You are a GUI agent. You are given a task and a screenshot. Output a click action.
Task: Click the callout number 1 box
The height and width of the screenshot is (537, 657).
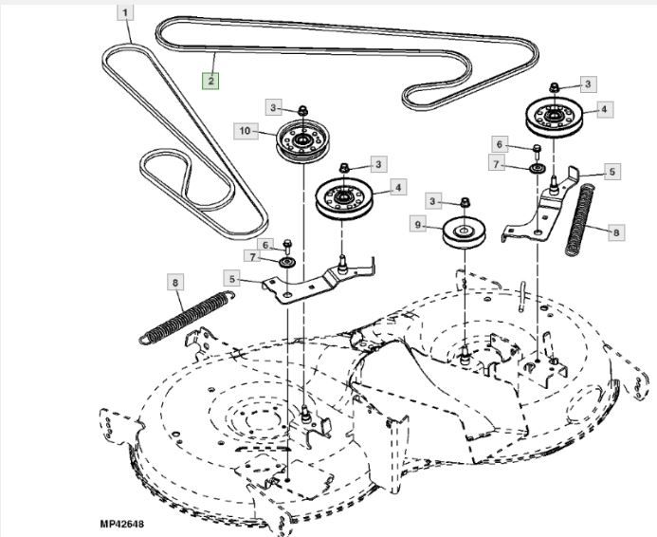click(126, 13)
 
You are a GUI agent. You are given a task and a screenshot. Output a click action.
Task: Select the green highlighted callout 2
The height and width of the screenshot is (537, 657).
click(210, 81)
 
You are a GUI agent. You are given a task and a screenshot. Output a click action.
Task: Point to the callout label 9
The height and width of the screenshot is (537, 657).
click(416, 224)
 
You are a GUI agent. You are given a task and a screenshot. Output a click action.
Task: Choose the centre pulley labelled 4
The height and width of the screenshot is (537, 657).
click(344, 202)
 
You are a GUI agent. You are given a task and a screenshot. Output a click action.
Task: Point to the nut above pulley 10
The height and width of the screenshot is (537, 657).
click(302, 110)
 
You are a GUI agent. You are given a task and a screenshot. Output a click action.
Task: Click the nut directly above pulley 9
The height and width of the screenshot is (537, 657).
click(465, 202)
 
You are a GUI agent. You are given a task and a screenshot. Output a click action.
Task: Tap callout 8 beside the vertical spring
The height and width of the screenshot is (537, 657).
click(616, 231)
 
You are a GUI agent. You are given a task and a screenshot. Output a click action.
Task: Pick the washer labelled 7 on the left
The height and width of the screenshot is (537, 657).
click(286, 260)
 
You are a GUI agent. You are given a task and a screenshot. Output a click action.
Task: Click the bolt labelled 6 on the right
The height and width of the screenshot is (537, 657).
click(537, 148)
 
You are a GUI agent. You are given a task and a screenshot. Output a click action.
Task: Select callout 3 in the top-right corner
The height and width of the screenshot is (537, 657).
click(588, 84)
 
